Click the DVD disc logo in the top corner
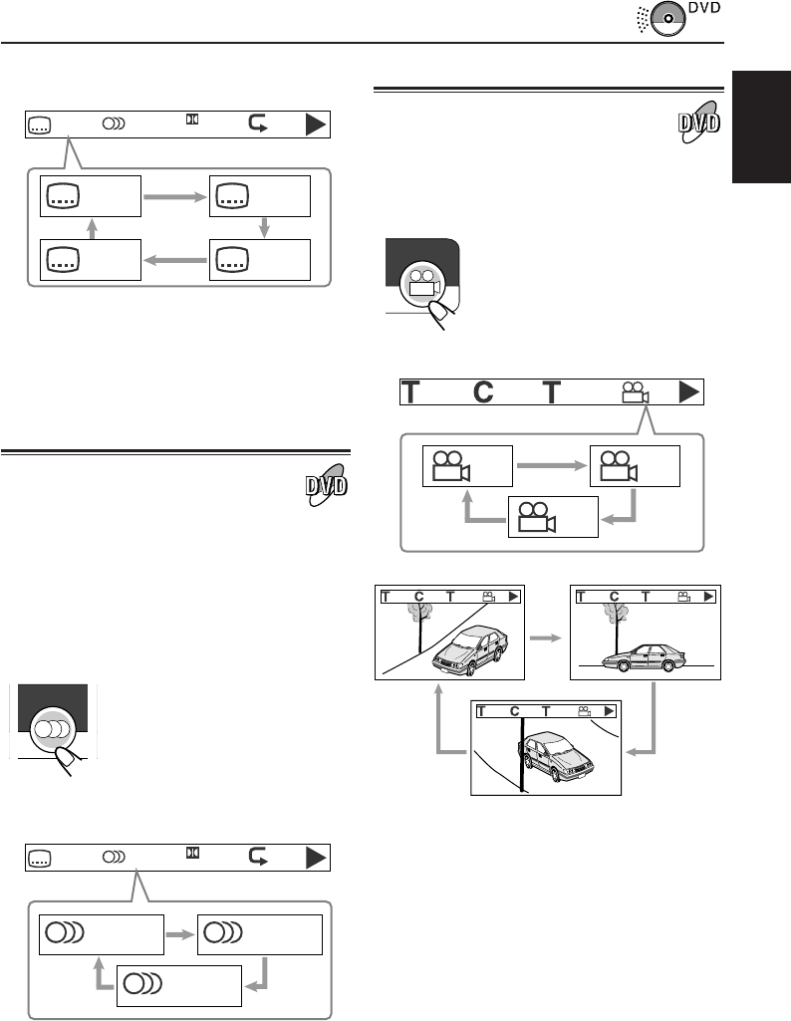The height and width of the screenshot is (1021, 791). point(668,20)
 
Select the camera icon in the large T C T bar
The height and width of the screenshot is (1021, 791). point(635,392)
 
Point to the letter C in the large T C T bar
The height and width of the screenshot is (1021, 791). point(483,392)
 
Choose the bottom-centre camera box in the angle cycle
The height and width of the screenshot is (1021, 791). point(553,516)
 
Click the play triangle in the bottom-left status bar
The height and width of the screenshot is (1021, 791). point(316,856)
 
